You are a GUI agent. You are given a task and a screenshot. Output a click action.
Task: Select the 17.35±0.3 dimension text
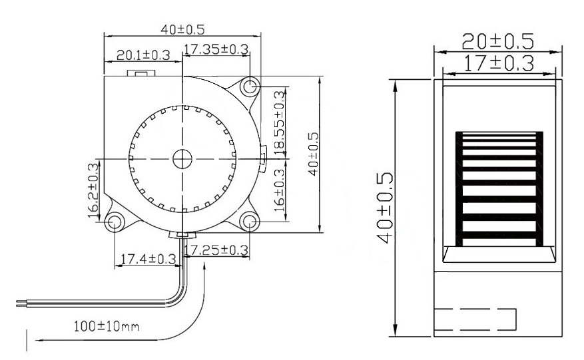(x=216, y=49)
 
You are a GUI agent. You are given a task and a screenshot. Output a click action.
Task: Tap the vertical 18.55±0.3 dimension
(x=279, y=120)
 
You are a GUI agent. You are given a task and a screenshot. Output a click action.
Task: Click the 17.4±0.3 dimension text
(x=145, y=258)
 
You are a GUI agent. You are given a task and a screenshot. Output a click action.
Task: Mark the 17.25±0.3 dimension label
(x=216, y=250)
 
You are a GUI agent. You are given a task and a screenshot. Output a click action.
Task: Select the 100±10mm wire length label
(x=107, y=327)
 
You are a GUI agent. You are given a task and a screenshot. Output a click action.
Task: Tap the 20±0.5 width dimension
(x=498, y=41)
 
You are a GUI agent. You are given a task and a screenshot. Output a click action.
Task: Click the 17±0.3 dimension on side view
(x=498, y=63)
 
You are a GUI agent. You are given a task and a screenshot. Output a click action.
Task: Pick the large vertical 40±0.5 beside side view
(x=385, y=208)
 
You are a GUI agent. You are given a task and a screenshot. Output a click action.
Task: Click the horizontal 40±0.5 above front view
(x=182, y=29)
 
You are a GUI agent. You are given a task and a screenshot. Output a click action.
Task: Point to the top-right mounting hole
(x=250, y=87)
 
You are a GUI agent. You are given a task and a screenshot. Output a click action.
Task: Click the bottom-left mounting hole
(x=115, y=222)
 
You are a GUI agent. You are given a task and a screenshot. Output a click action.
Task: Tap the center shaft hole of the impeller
(x=182, y=158)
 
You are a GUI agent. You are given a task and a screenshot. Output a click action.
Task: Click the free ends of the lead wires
(x=20, y=304)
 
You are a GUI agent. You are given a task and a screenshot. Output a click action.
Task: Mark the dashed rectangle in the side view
(x=475, y=319)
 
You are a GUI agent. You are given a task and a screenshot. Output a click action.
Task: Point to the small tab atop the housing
(x=142, y=73)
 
